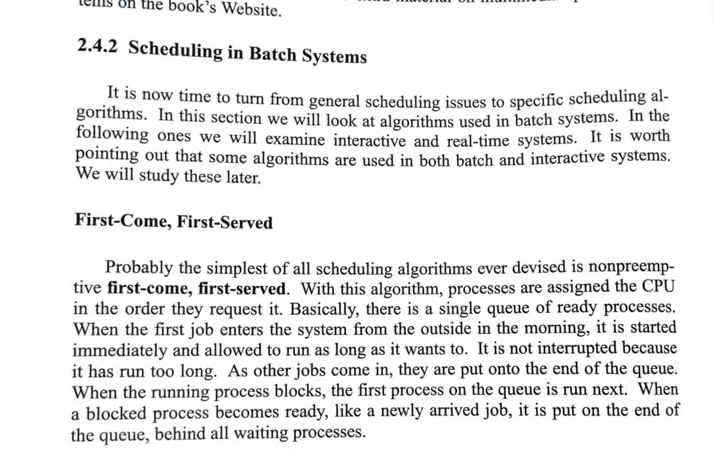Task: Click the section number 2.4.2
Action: [97, 46]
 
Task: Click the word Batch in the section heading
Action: [273, 54]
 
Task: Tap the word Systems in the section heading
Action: [334, 56]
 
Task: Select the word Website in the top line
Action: [251, 9]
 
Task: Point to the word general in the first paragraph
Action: [334, 101]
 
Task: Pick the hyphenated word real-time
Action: [478, 141]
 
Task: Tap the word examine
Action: [295, 139]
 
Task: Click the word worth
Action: [650, 136]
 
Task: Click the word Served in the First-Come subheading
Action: [246, 223]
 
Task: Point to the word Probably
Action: [139, 267]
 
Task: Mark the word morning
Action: [557, 328]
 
